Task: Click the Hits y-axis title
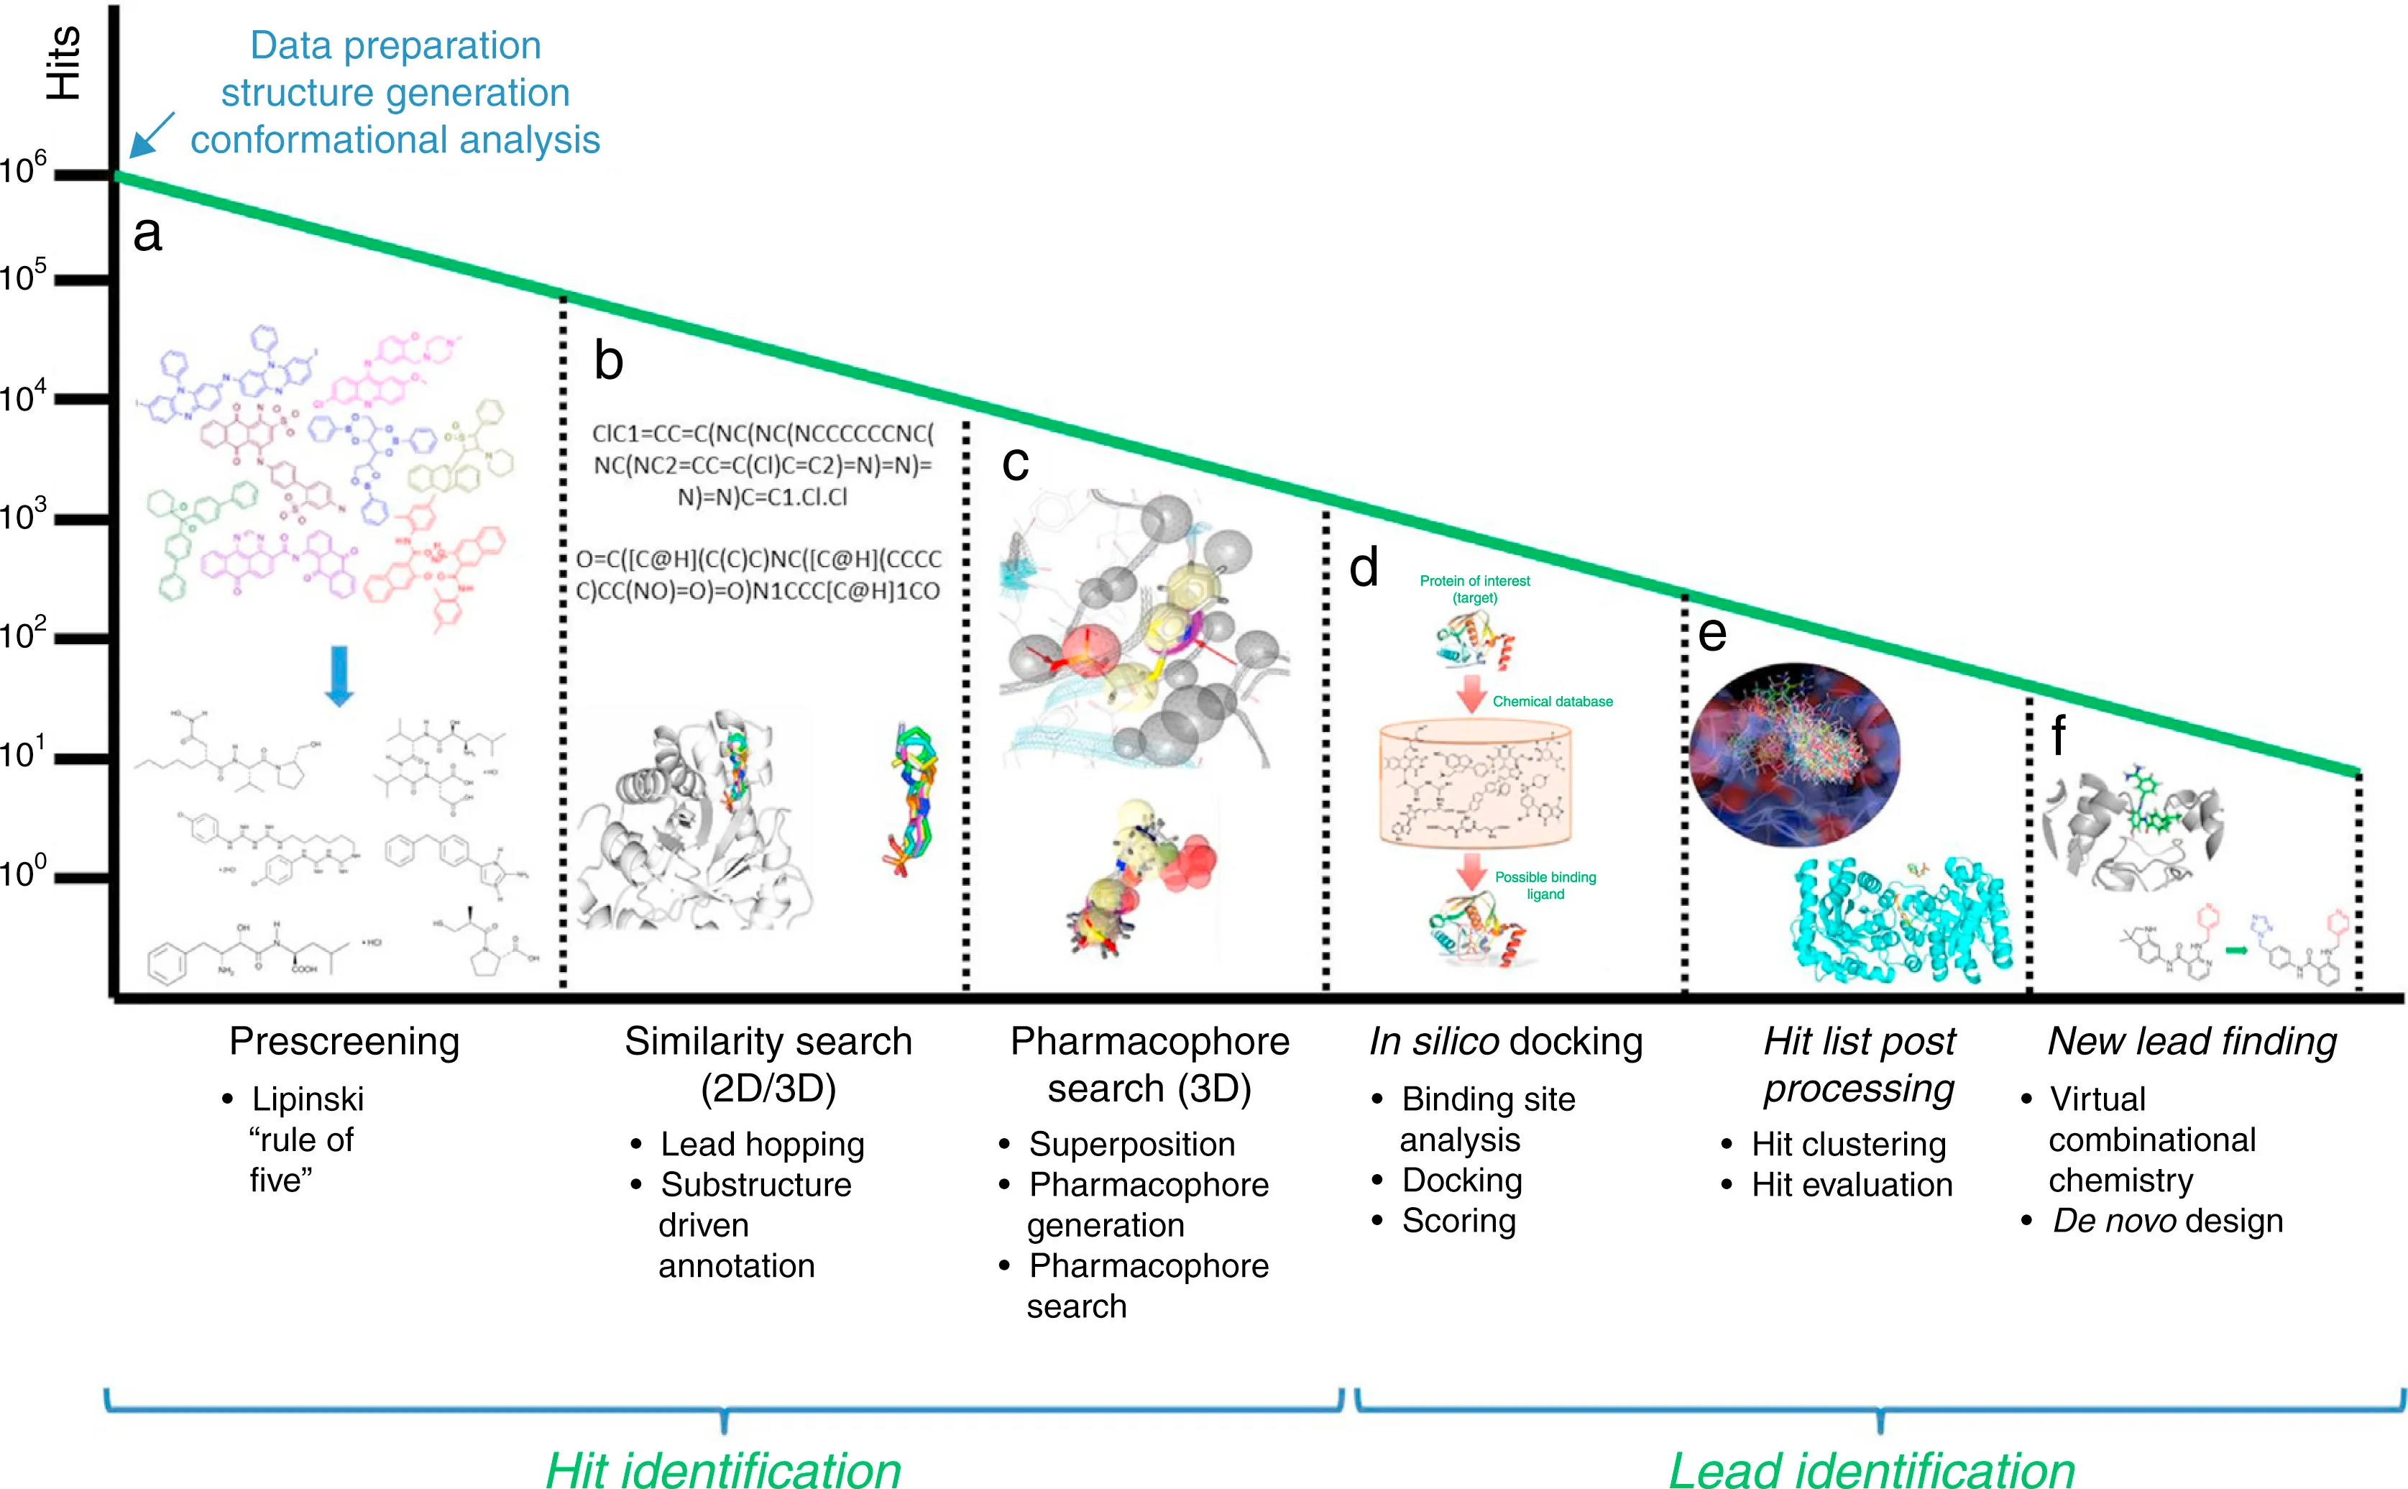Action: coord(63,63)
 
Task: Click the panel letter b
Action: coord(608,362)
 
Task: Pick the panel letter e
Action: coord(1712,633)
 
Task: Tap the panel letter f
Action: coord(2057,736)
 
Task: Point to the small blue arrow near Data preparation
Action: coord(152,135)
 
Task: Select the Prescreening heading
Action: coord(344,1042)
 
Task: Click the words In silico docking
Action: coord(1505,1042)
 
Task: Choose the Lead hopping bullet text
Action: coord(762,1145)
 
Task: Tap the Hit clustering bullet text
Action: coord(1848,1145)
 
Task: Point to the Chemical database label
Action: coord(1553,701)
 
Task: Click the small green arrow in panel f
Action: coord(2237,951)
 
